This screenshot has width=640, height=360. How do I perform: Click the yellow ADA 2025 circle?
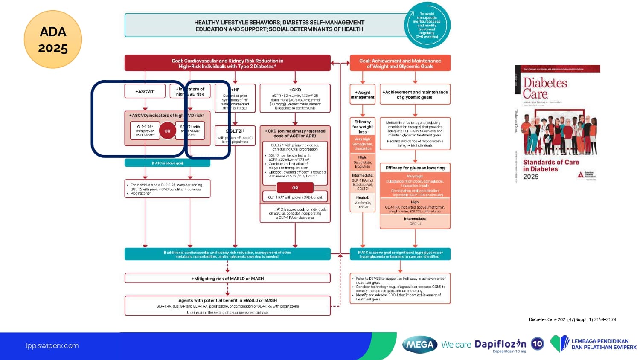click(x=53, y=40)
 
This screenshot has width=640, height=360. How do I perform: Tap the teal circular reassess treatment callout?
click(x=427, y=25)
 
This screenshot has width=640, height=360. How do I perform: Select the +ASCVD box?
click(x=145, y=91)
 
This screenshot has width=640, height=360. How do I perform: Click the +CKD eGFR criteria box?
click(x=295, y=99)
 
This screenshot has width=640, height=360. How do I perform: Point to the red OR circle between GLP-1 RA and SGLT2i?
click(x=167, y=131)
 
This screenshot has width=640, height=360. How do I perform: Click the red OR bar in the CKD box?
click(x=295, y=188)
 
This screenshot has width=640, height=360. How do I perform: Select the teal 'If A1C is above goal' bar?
click(x=167, y=163)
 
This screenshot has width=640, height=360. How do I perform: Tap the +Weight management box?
click(x=362, y=95)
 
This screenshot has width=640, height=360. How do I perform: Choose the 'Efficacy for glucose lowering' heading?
click(x=415, y=168)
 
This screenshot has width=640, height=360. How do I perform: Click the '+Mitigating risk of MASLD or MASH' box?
click(x=227, y=279)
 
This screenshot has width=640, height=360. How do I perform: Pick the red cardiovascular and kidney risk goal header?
click(x=227, y=63)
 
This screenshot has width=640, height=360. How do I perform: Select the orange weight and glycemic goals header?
click(x=400, y=63)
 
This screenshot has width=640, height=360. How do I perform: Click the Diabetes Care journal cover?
click(x=557, y=124)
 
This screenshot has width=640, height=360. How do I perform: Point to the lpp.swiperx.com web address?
click(x=52, y=346)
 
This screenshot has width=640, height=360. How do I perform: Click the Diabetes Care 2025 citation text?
click(x=572, y=319)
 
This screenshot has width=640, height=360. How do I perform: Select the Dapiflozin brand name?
click(x=500, y=344)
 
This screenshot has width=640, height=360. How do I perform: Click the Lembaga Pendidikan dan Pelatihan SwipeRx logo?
click(x=593, y=344)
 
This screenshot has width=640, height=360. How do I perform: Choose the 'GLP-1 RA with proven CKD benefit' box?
click(x=295, y=197)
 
